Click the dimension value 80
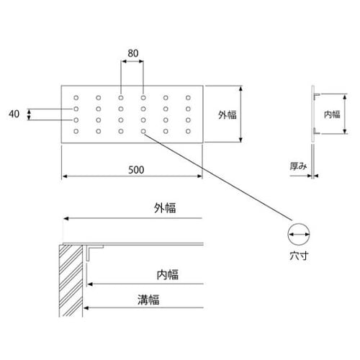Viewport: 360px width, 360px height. click(133, 53)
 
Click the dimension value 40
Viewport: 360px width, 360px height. click(14, 114)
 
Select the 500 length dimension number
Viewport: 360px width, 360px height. click(136, 170)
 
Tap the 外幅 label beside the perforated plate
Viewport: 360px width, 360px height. click(228, 114)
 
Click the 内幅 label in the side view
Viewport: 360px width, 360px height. click(332, 114)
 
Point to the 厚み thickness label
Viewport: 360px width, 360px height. click(298, 166)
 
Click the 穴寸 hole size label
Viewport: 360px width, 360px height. click(299, 256)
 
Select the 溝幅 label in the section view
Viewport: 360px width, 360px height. click(148, 300)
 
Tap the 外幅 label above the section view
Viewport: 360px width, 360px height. click(165, 208)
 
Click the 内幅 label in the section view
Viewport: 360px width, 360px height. click(168, 274)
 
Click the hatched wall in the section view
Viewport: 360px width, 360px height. click(71, 281)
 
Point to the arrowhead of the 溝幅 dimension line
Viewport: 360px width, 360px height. click(86, 307)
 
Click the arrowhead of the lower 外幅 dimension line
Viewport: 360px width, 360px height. click(66, 218)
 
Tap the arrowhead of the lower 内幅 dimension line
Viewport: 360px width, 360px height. click(90, 284)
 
